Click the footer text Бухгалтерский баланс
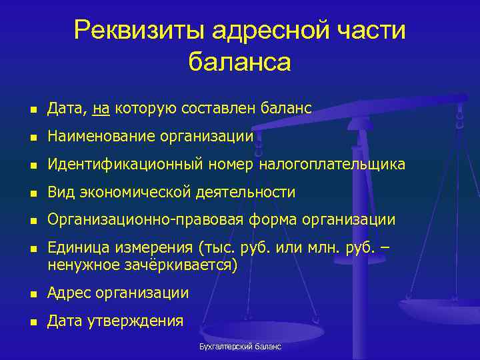(240, 347)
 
